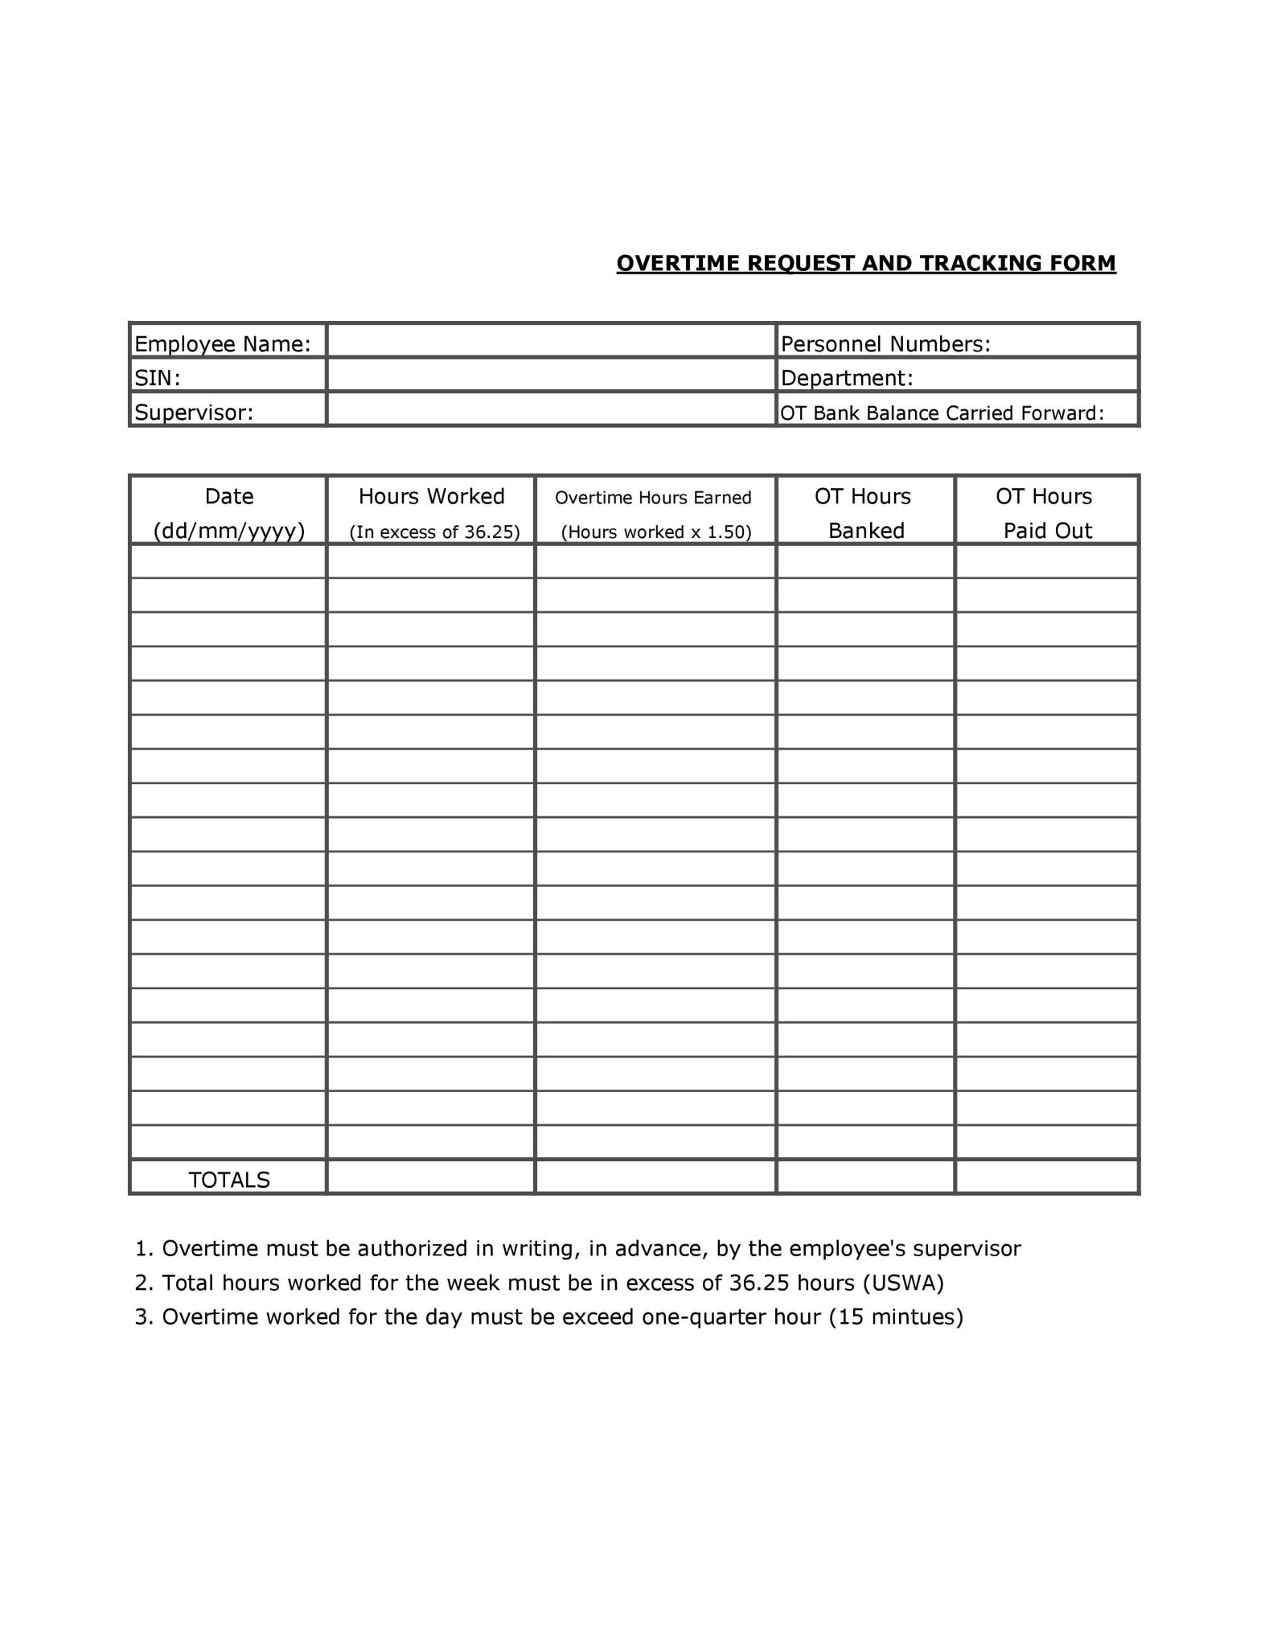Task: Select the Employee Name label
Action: point(222,344)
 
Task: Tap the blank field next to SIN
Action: point(551,375)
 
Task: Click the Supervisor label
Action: point(194,413)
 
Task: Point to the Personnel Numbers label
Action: point(885,344)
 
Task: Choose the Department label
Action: point(847,378)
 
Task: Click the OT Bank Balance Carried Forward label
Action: point(942,413)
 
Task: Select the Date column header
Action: point(229,496)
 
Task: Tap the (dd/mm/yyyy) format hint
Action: point(229,531)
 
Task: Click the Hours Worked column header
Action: point(431,496)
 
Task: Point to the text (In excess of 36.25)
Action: point(434,532)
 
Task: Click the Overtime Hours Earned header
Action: point(653,498)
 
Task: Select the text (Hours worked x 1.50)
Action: point(655,532)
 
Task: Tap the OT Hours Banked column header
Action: point(864,513)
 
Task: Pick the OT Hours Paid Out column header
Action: point(1045,513)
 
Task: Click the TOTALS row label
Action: point(229,1180)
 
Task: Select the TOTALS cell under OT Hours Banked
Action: point(865,1177)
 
